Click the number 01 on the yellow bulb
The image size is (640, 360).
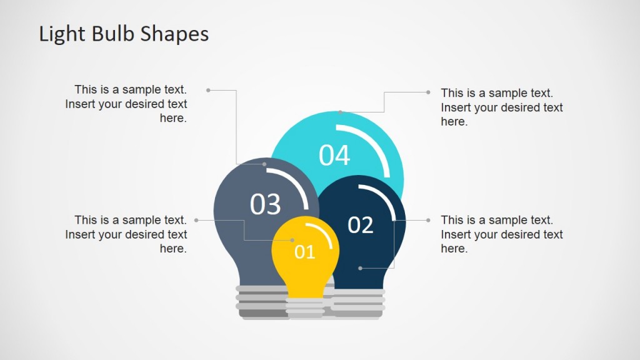(x=305, y=252)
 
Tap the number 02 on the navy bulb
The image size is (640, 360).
(x=360, y=225)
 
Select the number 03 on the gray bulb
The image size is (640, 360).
(x=266, y=204)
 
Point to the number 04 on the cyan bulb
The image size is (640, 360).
(x=334, y=156)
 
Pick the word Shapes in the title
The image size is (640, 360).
(x=174, y=34)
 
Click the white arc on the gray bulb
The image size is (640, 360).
(x=299, y=186)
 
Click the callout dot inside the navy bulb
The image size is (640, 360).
(x=360, y=268)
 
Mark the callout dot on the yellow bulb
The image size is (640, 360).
(x=292, y=240)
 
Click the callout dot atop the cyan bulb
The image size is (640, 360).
(x=340, y=112)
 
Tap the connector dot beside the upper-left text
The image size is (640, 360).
(x=208, y=90)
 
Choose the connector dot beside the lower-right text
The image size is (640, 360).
(x=428, y=220)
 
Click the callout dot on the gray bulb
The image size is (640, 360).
(x=264, y=164)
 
